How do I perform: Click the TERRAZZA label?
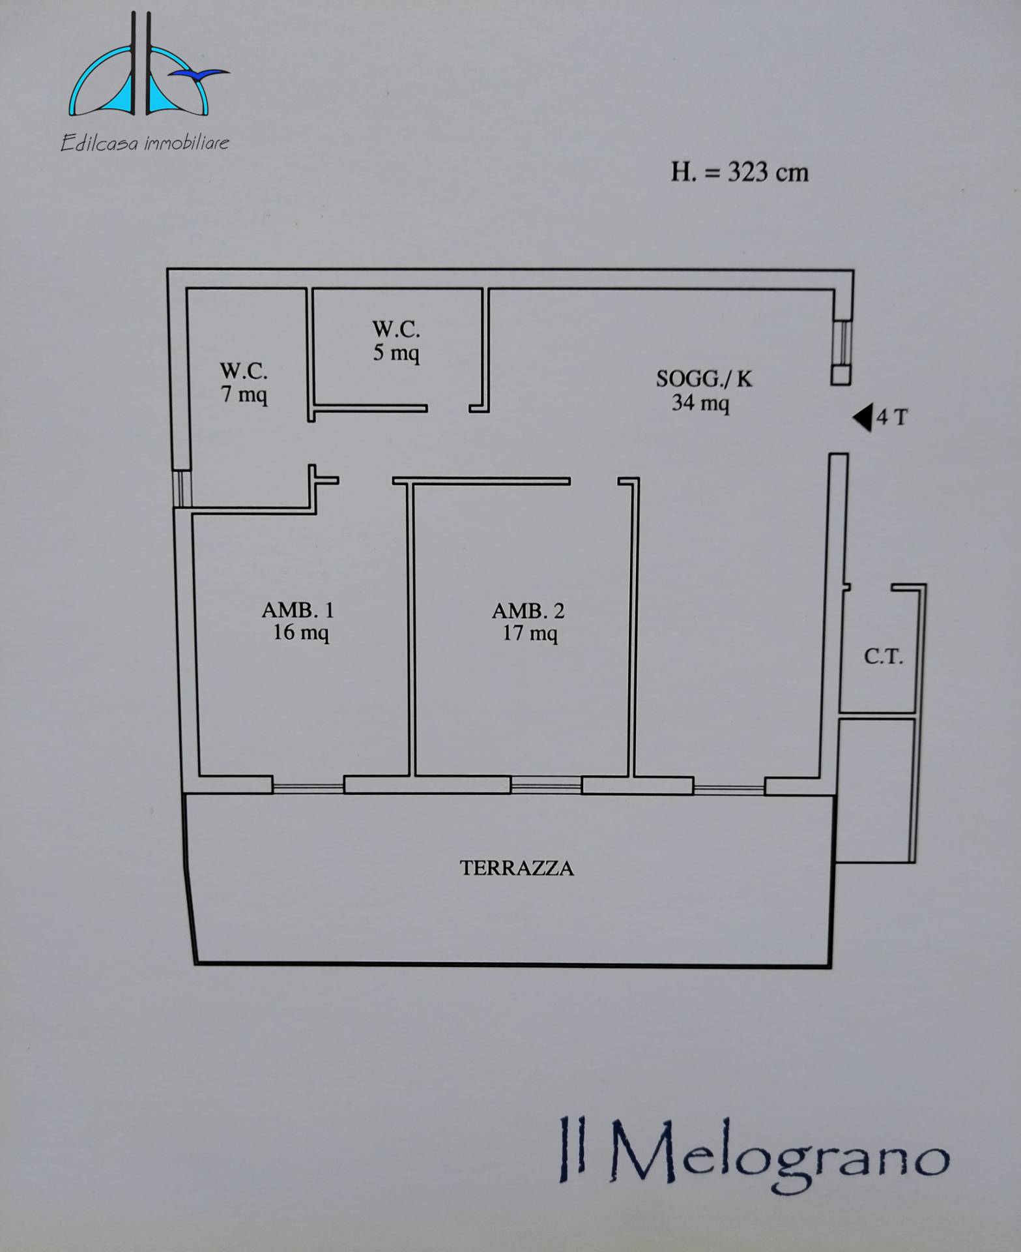point(517,868)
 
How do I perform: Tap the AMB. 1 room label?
point(298,610)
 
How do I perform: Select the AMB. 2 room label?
point(528,611)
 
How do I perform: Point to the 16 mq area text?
point(300,633)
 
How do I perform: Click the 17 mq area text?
point(530,634)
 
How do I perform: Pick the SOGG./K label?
point(704,379)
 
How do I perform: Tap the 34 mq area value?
point(700,403)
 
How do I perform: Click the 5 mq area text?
point(396,353)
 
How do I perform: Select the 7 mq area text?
point(244,395)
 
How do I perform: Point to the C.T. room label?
point(884,656)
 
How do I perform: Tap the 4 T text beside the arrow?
point(891,417)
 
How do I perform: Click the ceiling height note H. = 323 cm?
point(740,173)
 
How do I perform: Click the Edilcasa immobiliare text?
point(145,142)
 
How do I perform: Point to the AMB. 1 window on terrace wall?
point(308,788)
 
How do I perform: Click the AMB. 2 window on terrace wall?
point(546,787)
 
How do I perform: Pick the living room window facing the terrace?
point(728,789)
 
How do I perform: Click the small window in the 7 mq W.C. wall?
point(183,488)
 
